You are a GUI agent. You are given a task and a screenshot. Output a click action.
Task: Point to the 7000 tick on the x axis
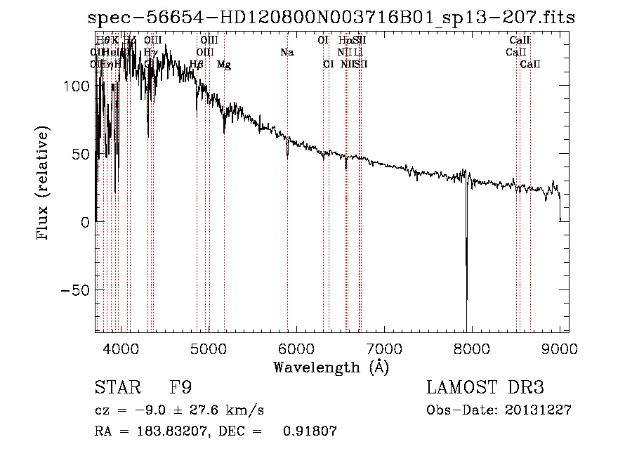[383, 348]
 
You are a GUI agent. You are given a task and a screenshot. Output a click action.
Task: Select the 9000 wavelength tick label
[560, 348]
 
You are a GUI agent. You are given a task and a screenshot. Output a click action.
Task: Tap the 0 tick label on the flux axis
[84, 222]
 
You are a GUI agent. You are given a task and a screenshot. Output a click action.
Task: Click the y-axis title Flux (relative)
[44, 184]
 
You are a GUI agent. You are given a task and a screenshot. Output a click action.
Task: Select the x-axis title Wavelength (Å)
[331, 367]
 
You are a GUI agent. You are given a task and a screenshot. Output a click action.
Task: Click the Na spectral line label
[287, 53]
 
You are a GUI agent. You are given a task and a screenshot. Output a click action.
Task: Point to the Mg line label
[224, 65]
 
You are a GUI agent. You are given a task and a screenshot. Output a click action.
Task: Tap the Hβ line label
[197, 65]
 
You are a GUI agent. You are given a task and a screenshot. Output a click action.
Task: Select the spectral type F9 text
[180, 388]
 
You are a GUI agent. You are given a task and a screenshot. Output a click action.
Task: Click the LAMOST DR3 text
[485, 388]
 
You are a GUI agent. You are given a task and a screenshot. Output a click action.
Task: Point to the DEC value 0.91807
[310, 431]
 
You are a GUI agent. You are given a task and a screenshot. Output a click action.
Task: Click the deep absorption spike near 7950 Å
[466, 281]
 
